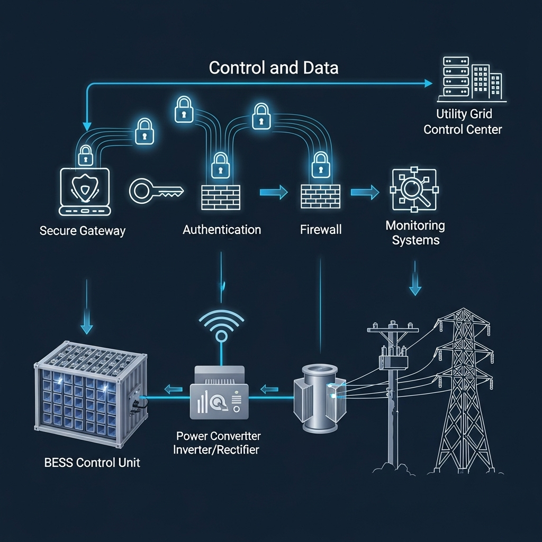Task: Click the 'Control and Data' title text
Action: (274, 68)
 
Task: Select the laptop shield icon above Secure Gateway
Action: (85, 192)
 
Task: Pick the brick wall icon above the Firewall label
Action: (320, 196)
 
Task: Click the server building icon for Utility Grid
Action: (471, 80)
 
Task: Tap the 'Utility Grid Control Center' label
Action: (463, 121)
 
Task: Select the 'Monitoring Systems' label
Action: (415, 233)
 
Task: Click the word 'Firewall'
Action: (321, 230)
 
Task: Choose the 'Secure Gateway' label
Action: (83, 231)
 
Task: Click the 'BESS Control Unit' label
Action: (93, 462)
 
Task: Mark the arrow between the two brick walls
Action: (273, 192)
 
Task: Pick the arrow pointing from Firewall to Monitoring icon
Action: (365, 192)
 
